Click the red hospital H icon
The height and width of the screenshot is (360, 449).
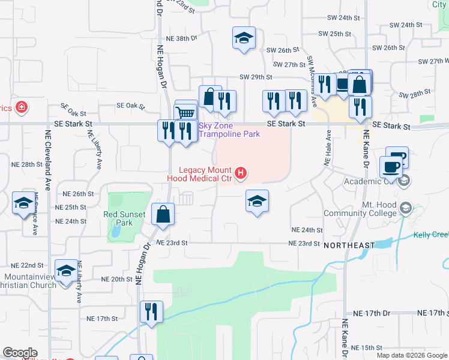tap(241, 174)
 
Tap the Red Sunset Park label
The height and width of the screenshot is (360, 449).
tap(125, 218)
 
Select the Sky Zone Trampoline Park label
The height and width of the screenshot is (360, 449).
tap(229, 130)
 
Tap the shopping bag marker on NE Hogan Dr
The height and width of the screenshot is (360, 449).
tap(163, 214)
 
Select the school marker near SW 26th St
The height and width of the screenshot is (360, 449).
tap(244, 38)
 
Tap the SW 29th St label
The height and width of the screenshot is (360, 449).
tap(256, 77)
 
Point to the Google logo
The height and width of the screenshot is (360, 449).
tap(20, 353)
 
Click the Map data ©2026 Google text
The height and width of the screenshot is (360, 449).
tap(411, 355)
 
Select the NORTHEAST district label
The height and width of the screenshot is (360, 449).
tap(349, 245)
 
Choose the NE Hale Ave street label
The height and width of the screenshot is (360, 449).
tap(328, 148)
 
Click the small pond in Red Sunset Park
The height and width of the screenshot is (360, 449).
tap(115, 230)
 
